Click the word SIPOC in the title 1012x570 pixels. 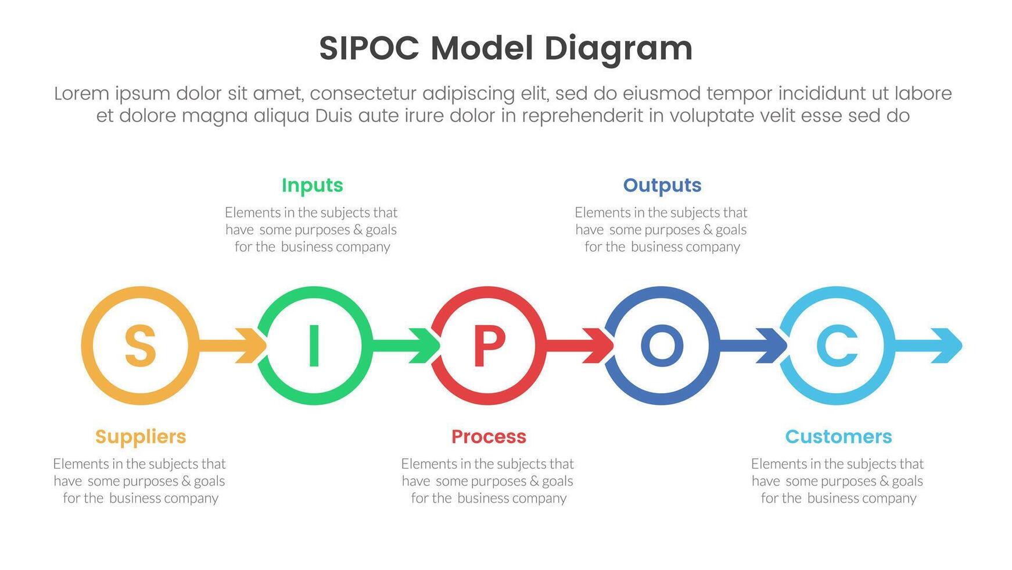(x=369, y=48)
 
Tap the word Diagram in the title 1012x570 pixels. (x=618, y=49)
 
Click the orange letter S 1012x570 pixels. (x=140, y=345)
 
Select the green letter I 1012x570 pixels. (x=314, y=345)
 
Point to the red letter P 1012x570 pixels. (x=489, y=345)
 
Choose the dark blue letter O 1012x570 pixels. (x=662, y=345)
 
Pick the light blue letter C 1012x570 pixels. (x=837, y=345)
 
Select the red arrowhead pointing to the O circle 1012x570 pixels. (x=600, y=345)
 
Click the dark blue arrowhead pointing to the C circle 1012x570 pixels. (x=773, y=345)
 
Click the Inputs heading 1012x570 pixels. (x=313, y=185)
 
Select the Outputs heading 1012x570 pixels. (x=662, y=185)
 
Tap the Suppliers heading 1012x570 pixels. (x=141, y=436)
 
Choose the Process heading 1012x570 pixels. (x=489, y=436)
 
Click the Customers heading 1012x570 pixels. (x=838, y=436)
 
